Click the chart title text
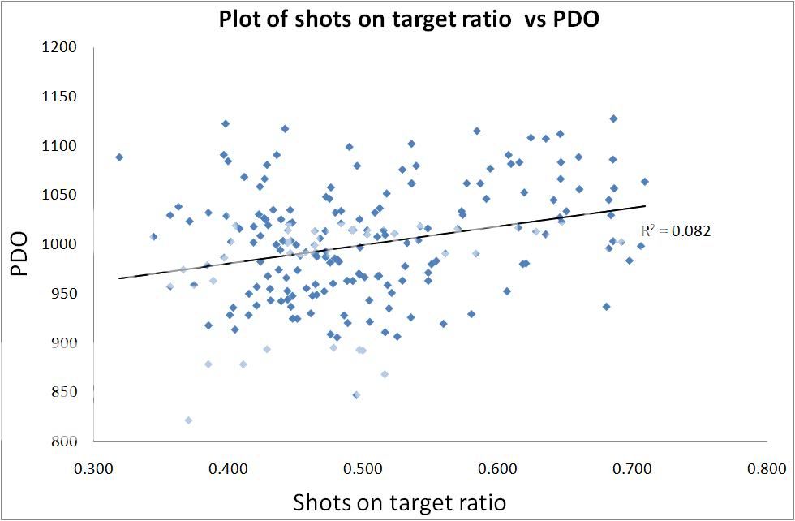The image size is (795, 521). (x=409, y=19)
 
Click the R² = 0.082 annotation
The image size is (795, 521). (x=676, y=231)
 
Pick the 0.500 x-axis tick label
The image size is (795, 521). (x=363, y=469)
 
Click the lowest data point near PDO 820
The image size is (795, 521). (x=188, y=420)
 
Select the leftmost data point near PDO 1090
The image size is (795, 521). (x=119, y=157)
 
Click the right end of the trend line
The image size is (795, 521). (x=646, y=206)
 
